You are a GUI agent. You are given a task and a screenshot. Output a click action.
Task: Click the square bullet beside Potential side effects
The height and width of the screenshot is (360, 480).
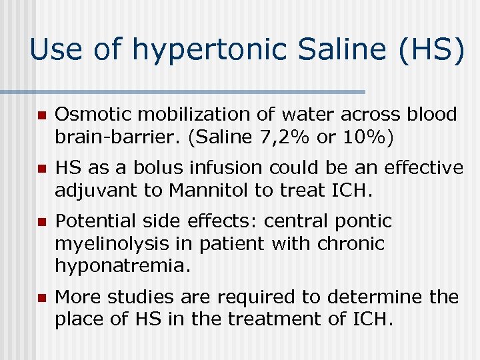[x=39, y=222]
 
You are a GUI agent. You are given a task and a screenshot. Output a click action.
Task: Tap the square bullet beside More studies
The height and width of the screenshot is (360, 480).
[x=39, y=297]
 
